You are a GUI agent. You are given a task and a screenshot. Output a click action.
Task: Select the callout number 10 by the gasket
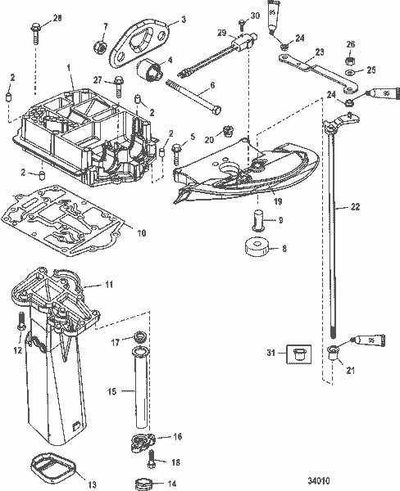140,233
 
